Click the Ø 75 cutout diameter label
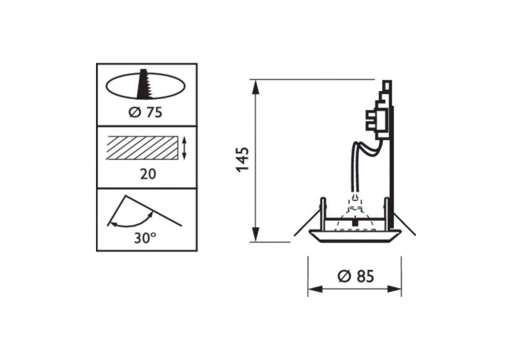pyautogui.click(x=145, y=113)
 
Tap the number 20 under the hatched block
pyautogui.click(x=148, y=174)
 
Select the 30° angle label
pyautogui.click(x=144, y=238)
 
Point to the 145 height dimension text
pyautogui.click(x=243, y=159)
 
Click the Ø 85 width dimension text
pyautogui.click(x=356, y=276)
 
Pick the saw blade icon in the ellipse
pyautogui.click(x=144, y=84)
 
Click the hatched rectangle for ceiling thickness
pyautogui.click(x=142, y=148)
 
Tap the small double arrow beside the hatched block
pyautogui.click(x=184, y=148)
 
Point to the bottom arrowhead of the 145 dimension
pyautogui.click(x=256, y=234)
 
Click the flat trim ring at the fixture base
pyautogui.click(x=355, y=236)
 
